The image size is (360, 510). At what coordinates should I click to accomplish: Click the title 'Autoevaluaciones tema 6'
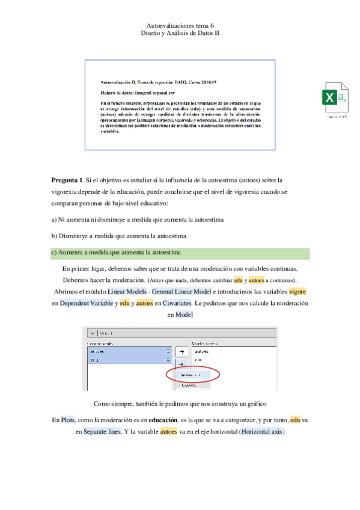[x=180, y=27]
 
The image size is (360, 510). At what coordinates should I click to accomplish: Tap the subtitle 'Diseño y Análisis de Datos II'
[x=180, y=35]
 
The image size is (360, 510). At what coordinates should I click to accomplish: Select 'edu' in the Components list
[x=94, y=360]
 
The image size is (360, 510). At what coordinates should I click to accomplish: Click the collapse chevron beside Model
[x=91, y=333]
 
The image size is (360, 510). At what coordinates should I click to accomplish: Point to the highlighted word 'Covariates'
[x=172, y=303]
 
